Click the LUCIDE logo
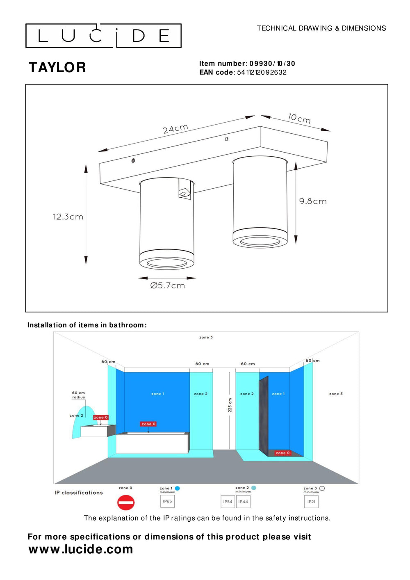click(103, 36)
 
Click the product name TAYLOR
click(57, 68)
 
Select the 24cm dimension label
click(175, 129)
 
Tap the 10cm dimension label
click(299, 119)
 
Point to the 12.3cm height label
click(68, 217)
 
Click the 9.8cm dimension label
click(313, 201)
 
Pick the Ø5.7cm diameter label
click(167, 285)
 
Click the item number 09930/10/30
click(272, 64)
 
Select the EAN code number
click(262, 73)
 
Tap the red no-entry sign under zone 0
click(126, 502)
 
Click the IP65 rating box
click(167, 501)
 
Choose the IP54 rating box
click(228, 502)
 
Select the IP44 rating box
click(243, 502)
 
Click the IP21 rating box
click(312, 502)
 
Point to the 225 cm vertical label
click(230, 405)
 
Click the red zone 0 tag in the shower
click(282, 453)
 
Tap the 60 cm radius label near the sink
click(78, 395)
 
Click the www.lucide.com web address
click(81, 549)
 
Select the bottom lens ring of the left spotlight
click(166, 263)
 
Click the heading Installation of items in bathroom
click(87, 325)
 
